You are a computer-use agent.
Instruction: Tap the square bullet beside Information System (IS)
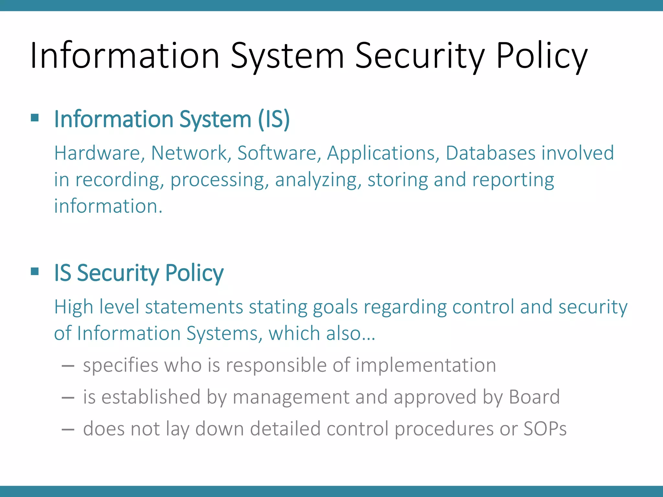point(35,117)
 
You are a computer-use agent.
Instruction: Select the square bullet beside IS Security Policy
point(35,271)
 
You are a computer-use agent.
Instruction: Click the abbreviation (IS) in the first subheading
point(274,119)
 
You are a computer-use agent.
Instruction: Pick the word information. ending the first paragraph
point(108,206)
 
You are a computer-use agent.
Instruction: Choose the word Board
point(534,397)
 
